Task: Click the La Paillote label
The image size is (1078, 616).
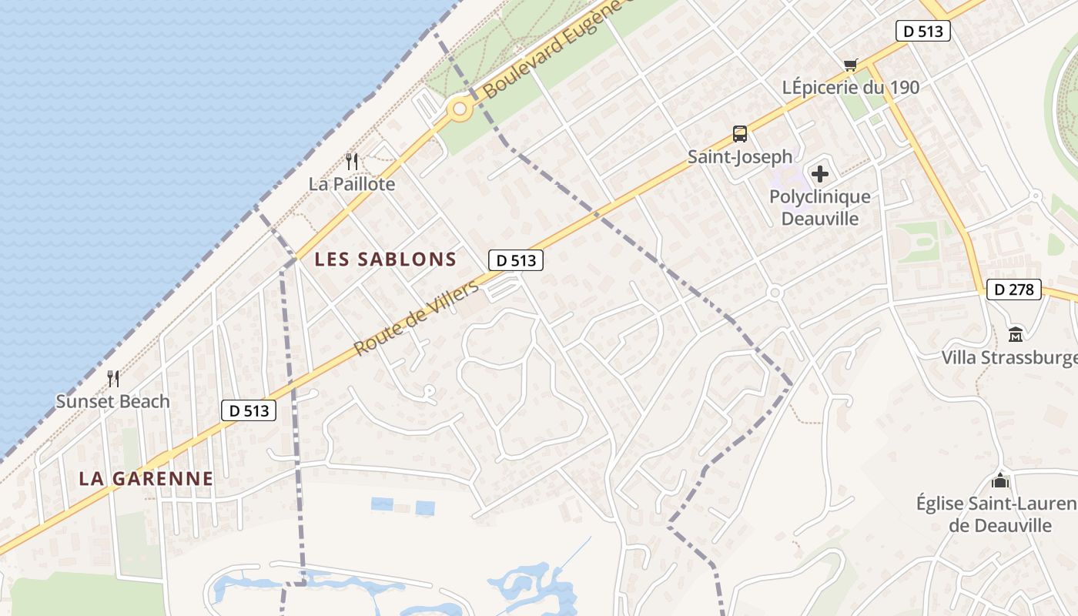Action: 352,184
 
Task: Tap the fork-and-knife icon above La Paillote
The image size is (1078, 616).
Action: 352,162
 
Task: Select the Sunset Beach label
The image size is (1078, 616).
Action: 112,401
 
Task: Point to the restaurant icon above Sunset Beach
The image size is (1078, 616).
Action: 112,379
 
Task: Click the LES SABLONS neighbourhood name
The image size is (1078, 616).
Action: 386,259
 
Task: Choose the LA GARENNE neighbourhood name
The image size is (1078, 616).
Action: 146,478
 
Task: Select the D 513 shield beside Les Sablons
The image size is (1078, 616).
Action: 516,261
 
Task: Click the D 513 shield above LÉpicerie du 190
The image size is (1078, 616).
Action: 923,31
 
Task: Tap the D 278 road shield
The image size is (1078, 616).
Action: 1014,290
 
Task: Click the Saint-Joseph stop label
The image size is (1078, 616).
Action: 740,157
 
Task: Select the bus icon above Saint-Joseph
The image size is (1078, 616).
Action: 740,134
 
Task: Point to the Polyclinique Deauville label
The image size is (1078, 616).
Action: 820,207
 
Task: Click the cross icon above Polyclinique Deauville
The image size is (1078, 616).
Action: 820,174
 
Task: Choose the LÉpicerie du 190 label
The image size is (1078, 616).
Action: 851,88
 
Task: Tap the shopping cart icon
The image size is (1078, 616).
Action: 851,65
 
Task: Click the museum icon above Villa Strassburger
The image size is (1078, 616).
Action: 1015,335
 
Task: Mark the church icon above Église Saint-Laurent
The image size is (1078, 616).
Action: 1000,481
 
